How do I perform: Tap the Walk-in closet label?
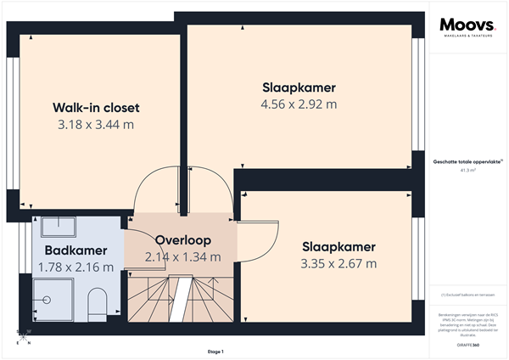[x=96, y=108]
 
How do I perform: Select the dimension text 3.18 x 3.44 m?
[x=96, y=125]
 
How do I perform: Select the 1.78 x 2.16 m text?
[x=76, y=267]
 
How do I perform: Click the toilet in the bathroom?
[x=97, y=302]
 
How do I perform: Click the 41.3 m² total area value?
[x=467, y=170]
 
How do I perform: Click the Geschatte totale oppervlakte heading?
[x=467, y=160]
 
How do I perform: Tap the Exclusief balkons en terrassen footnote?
[x=467, y=295]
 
